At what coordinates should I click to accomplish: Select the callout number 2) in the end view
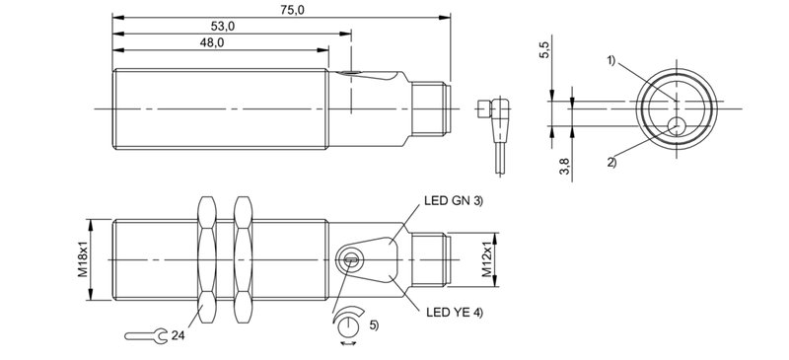tap(611, 163)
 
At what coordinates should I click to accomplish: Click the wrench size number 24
tap(178, 336)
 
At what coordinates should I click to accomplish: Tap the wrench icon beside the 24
tap(146, 336)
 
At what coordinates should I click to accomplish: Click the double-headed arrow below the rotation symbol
tap(348, 344)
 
